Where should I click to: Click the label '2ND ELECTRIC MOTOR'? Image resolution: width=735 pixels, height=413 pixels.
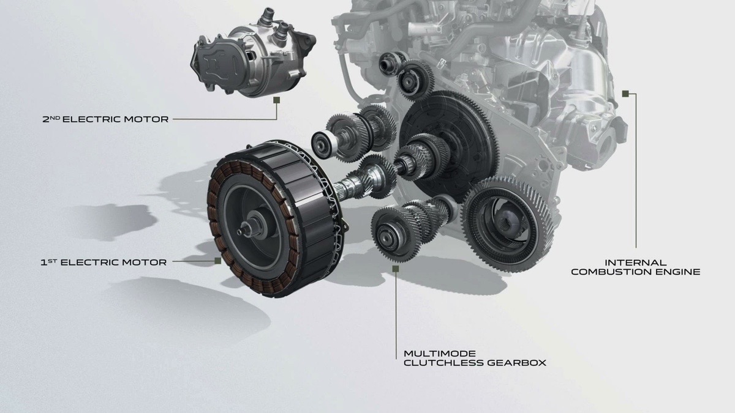pyautogui.click(x=105, y=119)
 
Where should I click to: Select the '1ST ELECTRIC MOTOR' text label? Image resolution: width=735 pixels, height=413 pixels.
pyautogui.click(x=103, y=262)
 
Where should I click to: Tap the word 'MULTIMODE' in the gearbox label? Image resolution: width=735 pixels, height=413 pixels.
pyautogui.click(x=431, y=353)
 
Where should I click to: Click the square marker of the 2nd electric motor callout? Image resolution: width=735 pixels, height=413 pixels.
pyautogui.click(x=277, y=99)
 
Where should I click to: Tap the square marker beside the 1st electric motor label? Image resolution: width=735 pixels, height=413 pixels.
pyautogui.click(x=217, y=261)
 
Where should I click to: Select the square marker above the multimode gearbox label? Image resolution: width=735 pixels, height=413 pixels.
pyautogui.click(x=396, y=268)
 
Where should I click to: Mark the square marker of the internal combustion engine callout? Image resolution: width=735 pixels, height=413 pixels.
pyautogui.click(x=625, y=94)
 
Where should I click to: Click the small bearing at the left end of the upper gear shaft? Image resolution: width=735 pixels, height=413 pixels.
pyautogui.click(x=322, y=144)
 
